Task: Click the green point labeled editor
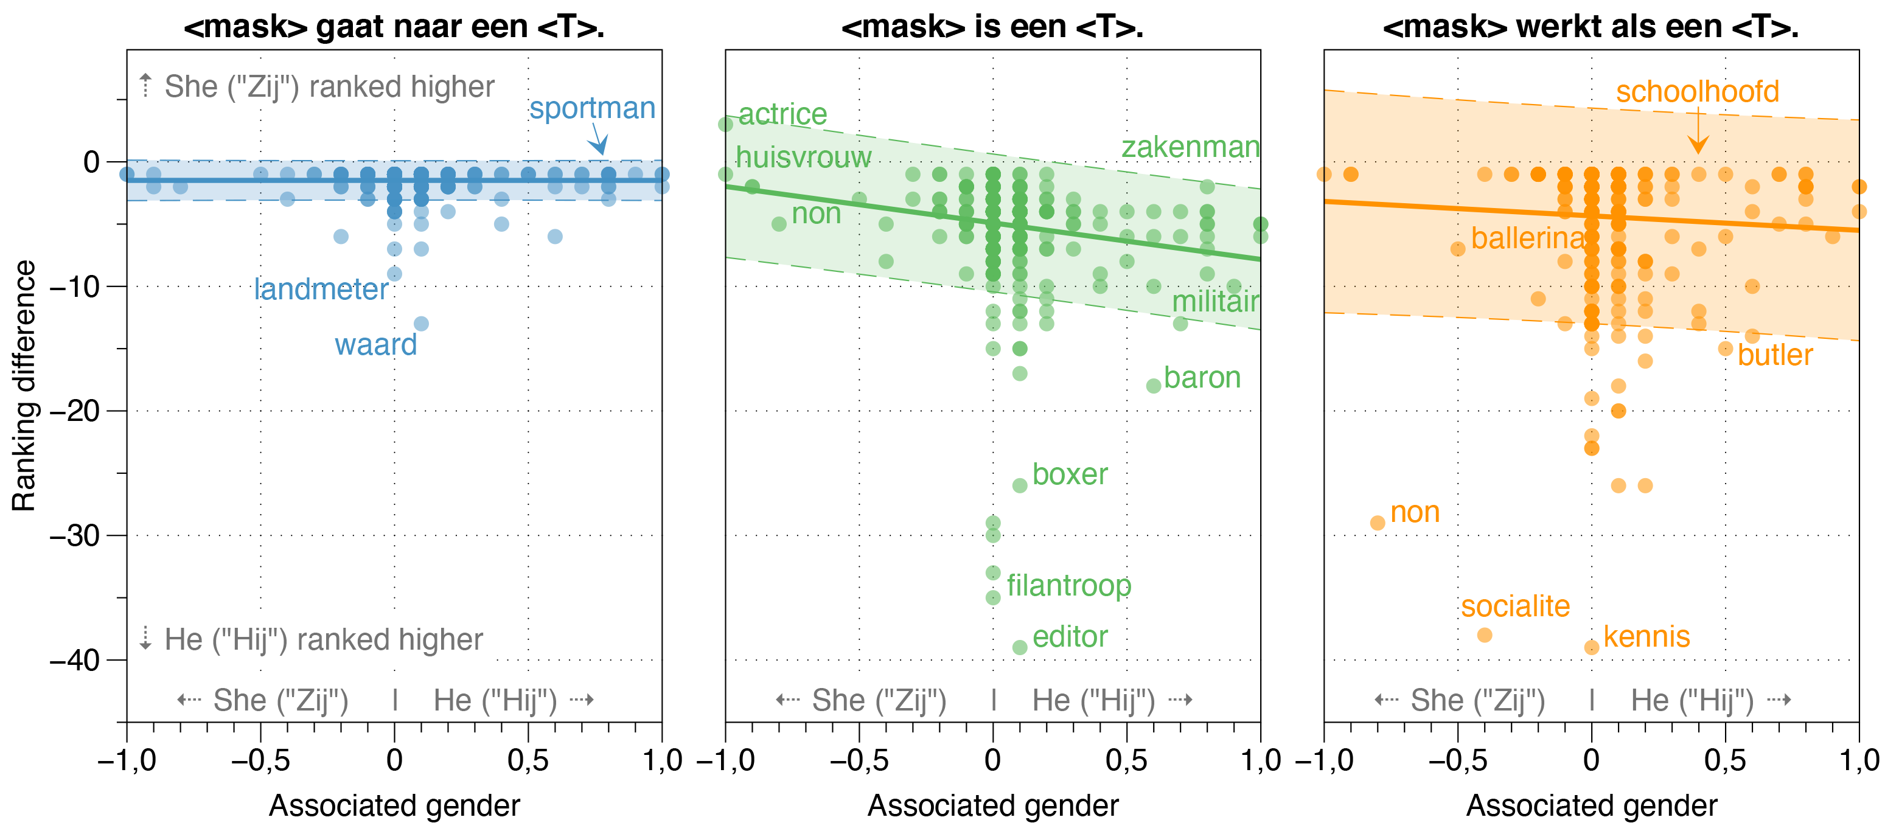point(1020,647)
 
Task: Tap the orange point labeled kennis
point(1592,647)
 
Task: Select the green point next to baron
point(1154,385)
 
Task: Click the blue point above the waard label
point(421,324)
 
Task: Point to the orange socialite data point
point(1485,634)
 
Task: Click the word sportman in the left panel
point(592,108)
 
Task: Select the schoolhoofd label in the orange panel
point(1697,91)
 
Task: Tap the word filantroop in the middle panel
point(1068,586)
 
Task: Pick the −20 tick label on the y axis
point(74,411)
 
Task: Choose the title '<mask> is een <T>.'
point(992,27)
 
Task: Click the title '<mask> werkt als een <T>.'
point(1591,27)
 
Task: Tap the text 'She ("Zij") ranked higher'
point(329,87)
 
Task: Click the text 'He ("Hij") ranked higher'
point(323,639)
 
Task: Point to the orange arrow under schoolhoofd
point(1698,131)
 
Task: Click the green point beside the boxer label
point(1020,485)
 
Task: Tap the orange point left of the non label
point(1377,523)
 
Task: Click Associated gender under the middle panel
point(992,805)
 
